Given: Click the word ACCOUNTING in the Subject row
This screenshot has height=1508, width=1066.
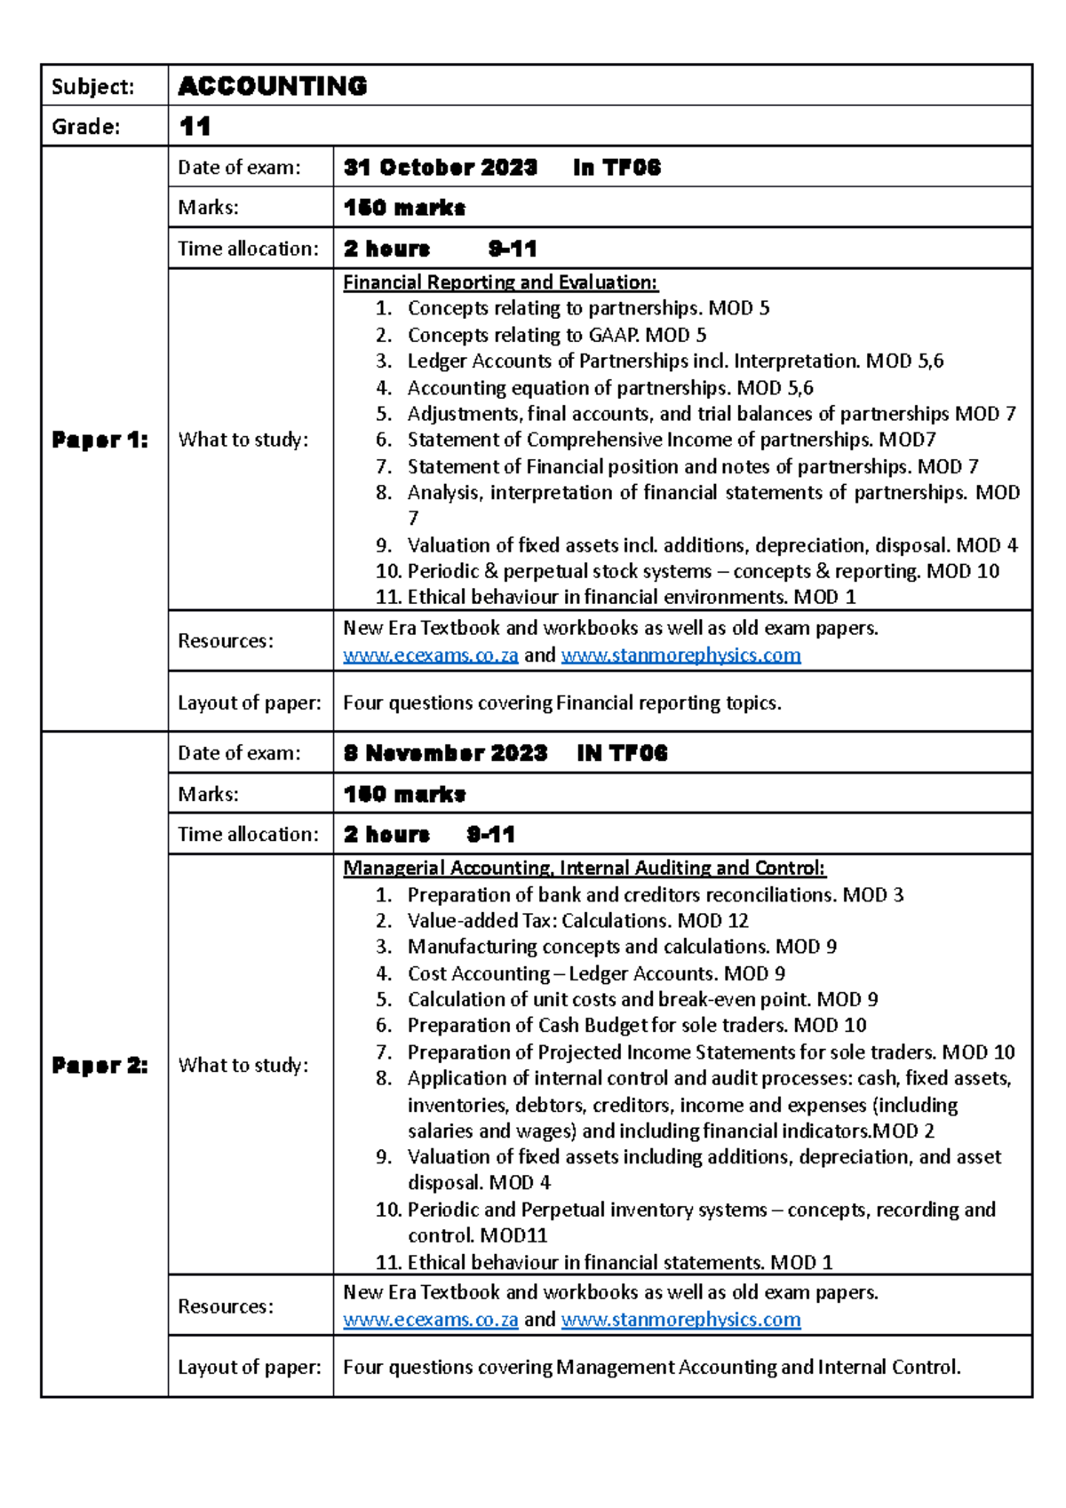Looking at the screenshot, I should pyautogui.click(x=272, y=86).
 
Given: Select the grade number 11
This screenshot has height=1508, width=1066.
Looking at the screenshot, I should pyautogui.click(x=195, y=126).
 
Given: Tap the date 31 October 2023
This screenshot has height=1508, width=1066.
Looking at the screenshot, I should pyautogui.click(x=440, y=168).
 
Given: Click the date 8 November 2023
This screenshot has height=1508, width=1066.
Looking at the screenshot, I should pyautogui.click(x=445, y=753).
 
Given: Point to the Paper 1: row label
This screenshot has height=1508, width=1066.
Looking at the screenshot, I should pyautogui.click(x=99, y=440).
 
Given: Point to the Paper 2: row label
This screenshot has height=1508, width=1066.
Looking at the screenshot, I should pyautogui.click(x=99, y=1065).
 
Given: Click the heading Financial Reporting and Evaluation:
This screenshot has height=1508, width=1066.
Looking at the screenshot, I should pyautogui.click(x=500, y=282).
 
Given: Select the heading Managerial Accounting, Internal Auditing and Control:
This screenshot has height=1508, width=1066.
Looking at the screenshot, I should pyautogui.click(x=584, y=868).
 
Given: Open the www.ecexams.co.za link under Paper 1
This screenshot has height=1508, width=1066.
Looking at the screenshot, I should pyautogui.click(x=430, y=655).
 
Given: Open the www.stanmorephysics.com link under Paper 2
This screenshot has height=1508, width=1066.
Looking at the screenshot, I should pyautogui.click(x=680, y=1320).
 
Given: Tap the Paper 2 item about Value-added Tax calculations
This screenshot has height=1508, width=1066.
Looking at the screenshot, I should pyautogui.click(x=577, y=920).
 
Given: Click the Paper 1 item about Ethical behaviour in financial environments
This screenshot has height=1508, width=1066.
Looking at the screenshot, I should pyautogui.click(x=631, y=597).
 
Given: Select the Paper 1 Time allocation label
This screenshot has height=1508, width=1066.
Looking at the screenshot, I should pyautogui.click(x=248, y=249).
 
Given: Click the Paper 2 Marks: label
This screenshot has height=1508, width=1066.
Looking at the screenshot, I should pyautogui.click(x=208, y=794).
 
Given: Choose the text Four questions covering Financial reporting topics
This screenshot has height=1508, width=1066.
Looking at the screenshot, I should pyautogui.click(x=561, y=703).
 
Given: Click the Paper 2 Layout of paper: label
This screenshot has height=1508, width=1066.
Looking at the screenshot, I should pyautogui.click(x=249, y=1368).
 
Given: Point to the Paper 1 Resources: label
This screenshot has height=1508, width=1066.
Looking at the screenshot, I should pyautogui.click(x=225, y=641).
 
